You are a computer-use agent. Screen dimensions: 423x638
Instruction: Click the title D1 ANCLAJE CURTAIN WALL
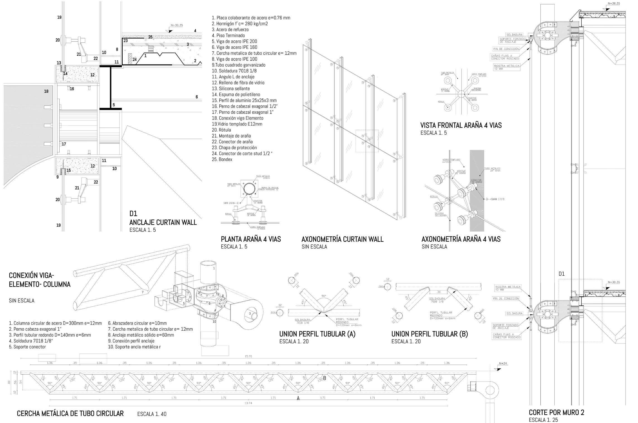pyautogui.click(x=163, y=222)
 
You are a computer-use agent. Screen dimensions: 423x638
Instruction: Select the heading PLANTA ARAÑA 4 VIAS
pyautogui.click(x=251, y=239)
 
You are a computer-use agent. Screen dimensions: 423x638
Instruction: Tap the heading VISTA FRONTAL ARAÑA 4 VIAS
pyautogui.click(x=461, y=125)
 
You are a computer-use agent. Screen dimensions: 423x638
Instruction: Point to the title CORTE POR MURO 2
pyautogui.click(x=556, y=412)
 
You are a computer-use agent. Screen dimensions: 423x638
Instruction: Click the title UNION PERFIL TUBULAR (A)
pyautogui.click(x=317, y=334)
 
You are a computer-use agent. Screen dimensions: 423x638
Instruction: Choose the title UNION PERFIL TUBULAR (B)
pyautogui.click(x=429, y=334)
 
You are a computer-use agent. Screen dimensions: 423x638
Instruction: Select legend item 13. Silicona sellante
pyautogui.click(x=231, y=88)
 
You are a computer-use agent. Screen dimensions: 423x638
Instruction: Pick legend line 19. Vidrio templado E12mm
pyautogui.click(x=237, y=124)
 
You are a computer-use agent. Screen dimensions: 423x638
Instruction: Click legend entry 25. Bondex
pyautogui.click(x=222, y=159)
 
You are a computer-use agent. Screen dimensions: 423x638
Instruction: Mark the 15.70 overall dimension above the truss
pyautogui.click(x=248, y=356)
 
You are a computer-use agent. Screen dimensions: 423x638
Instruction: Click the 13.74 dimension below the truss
pyautogui.click(x=248, y=403)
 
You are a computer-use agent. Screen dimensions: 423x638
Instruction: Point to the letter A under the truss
pyautogui.click(x=298, y=398)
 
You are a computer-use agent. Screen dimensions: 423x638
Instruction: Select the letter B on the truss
pyautogui.click(x=324, y=378)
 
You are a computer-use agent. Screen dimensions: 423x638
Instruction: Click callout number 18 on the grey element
pyautogui.click(x=46, y=91)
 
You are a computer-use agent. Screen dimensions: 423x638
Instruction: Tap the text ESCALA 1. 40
pyautogui.click(x=152, y=414)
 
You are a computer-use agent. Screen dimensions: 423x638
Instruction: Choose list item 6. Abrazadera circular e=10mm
pyautogui.click(x=137, y=323)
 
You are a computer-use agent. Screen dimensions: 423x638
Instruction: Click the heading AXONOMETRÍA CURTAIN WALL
pyautogui.click(x=342, y=239)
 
